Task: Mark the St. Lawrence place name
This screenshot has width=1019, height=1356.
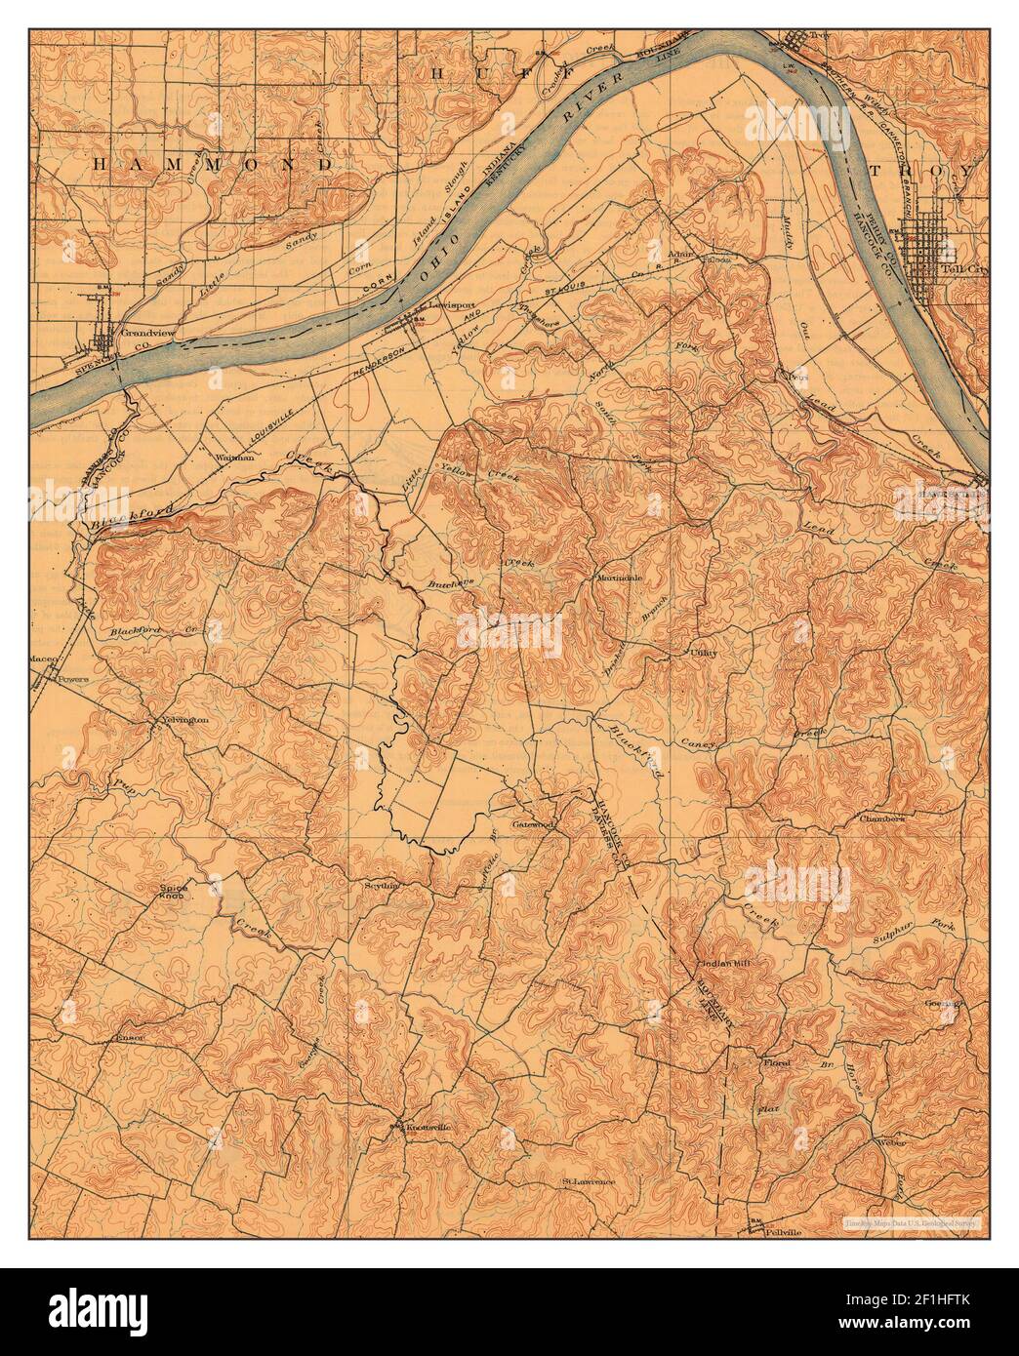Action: click(589, 1182)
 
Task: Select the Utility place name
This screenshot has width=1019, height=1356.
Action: click(704, 653)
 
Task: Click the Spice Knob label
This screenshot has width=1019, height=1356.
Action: click(173, 891)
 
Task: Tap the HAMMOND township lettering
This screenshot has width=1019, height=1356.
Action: click(213, 166)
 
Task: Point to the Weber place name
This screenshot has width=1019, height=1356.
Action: click(892, 1141)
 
